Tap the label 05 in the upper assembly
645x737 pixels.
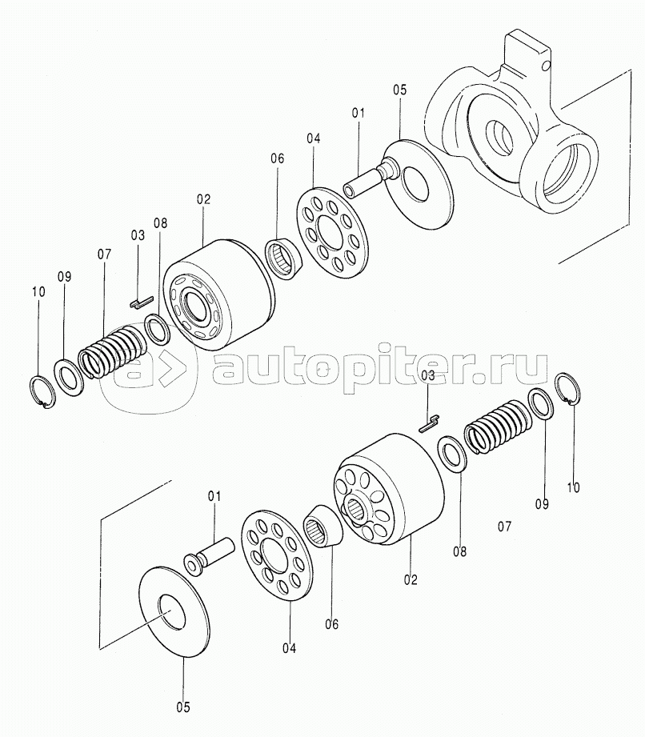pyautogui.click(x=399, y=90)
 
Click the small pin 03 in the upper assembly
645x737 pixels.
pyautogui.click(x=141, y=302)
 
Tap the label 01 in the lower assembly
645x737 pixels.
pyautogui.click(x=214, y=496)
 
